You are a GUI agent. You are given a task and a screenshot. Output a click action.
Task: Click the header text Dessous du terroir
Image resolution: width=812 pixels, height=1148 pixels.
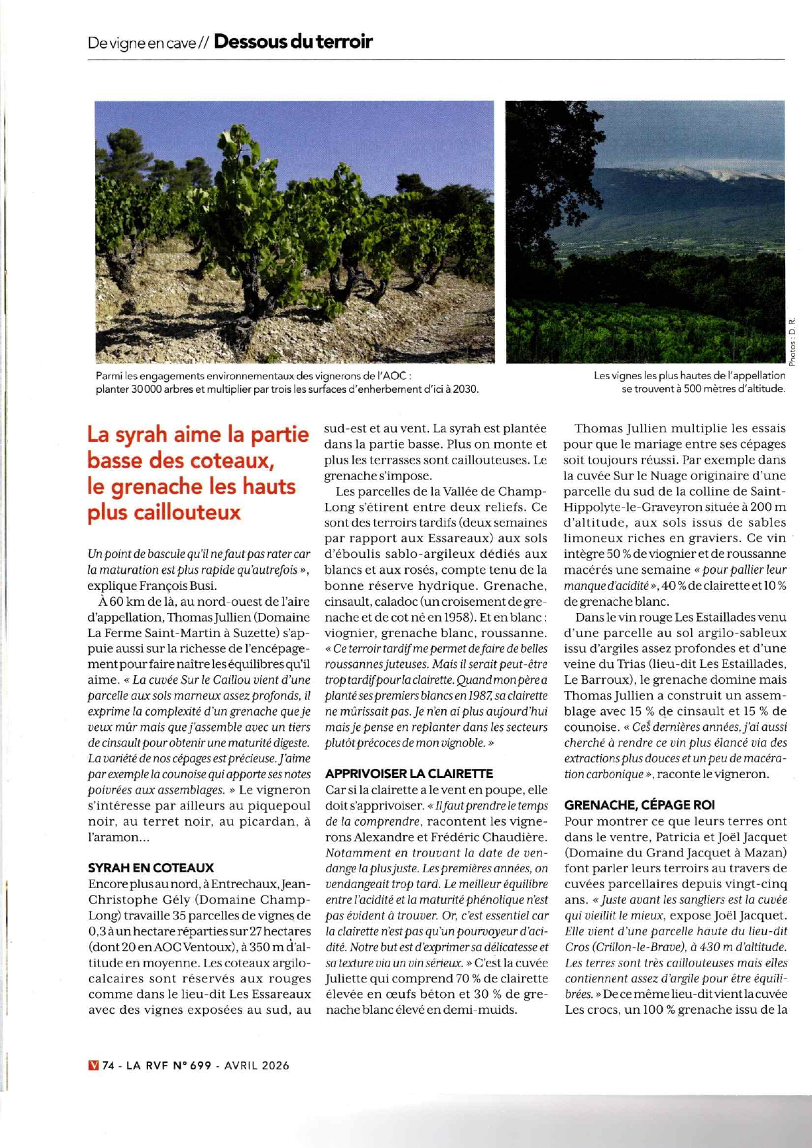pos(293,42)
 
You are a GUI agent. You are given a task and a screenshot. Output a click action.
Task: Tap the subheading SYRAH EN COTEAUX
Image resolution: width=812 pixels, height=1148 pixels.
pos(151,868)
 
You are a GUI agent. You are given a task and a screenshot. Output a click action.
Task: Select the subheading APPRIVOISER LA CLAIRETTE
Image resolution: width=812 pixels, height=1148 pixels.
pos(409,773)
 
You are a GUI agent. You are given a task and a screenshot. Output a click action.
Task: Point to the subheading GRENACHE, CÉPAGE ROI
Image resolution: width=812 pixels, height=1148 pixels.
pos(639,805)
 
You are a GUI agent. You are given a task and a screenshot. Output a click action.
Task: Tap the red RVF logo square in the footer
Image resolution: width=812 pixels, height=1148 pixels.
pos(93,1065)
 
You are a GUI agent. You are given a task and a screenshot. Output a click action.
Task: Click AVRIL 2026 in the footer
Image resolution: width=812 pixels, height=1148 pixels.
pos(256,1065)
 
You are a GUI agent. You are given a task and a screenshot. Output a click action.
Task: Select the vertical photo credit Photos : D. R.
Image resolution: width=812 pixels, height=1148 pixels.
pos(792,342)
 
